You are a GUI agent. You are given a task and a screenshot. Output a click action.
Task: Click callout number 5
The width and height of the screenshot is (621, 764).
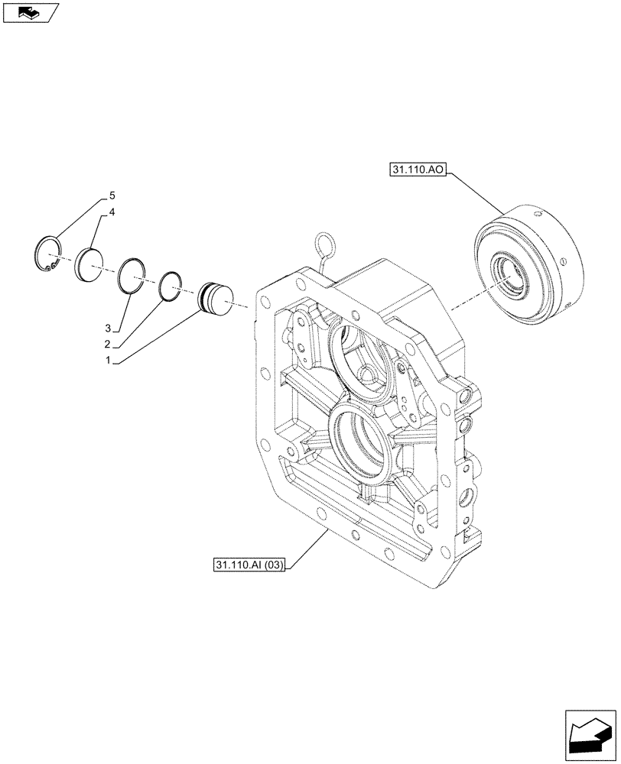tap(112, 196)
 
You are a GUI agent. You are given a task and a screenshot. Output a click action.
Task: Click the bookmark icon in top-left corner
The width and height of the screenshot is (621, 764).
tap(30, 13)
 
